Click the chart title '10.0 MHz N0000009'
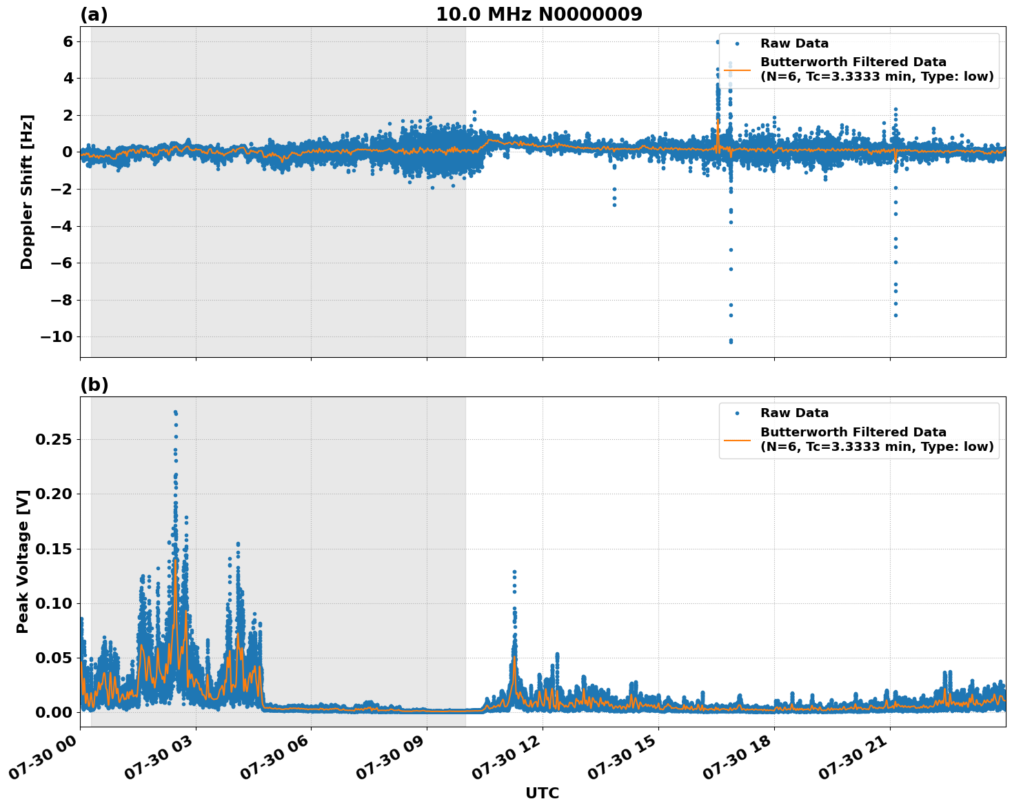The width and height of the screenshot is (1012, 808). tap(538, 14)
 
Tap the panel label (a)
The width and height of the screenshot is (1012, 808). tap(94, 14)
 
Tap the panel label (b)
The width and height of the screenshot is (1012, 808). tap(94, 385)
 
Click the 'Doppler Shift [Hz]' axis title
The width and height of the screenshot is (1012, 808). tap(27, 192)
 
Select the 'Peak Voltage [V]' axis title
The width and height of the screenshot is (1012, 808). tap(23, 561)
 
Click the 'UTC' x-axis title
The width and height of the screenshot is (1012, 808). tap(542, 793)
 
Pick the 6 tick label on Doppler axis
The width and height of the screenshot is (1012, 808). tap(68, 41)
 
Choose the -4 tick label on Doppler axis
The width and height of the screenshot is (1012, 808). tap(61, 226)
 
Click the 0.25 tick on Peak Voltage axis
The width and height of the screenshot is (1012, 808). tap(53, 440)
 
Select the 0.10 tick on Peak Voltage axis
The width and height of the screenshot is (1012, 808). tap(53, 603)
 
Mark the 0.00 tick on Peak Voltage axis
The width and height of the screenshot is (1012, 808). tap(53, 712)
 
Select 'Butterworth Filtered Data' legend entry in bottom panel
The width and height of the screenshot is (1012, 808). tap(853, 439)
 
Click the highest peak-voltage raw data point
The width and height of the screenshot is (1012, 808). tap(175, 412)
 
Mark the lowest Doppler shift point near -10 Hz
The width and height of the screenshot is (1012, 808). tap(731, 342)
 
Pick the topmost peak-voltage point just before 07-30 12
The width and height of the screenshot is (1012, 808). tap(514, 572)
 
